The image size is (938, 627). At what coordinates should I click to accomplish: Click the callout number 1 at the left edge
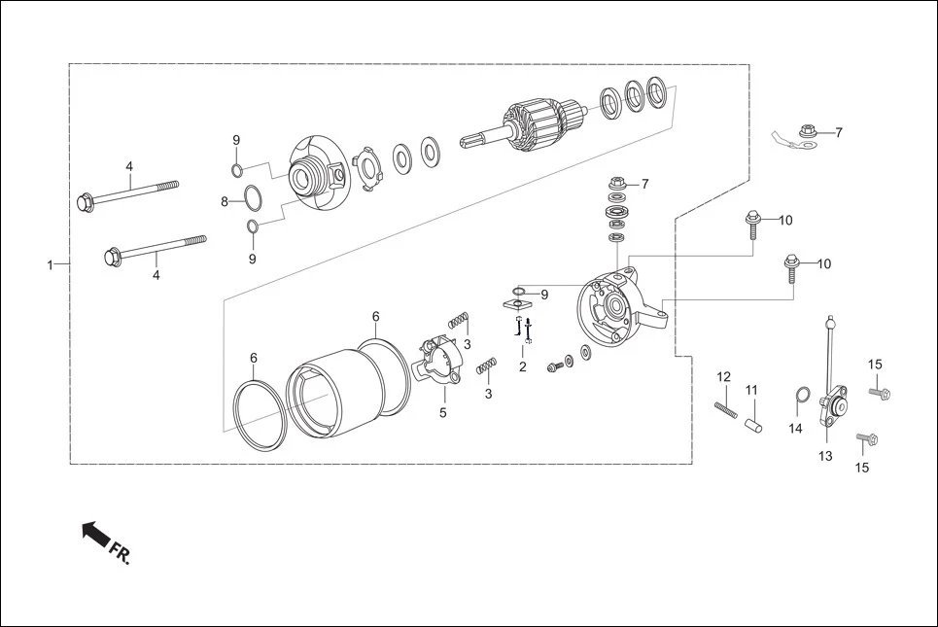tap(51, 264)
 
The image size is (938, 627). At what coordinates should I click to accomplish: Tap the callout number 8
tap(225, 202)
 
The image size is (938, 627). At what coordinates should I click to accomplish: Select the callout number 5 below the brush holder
tap(442, 412)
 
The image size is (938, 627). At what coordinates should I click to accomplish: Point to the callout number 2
tap(522, 366)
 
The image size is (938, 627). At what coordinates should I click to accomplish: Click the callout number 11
tap(751, 390)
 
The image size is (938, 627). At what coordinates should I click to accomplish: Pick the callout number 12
tap(723, 376)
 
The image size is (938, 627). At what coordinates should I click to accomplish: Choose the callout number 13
tap(825, 455)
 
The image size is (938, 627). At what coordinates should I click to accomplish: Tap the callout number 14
tap(795, 428)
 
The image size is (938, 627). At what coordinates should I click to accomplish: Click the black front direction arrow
tap(94, 533)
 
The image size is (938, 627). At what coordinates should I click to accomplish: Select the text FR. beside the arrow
tap(119, 555)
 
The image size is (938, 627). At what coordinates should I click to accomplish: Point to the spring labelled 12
tap(724, 410)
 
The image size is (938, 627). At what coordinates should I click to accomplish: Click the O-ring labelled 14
tap(803, 395)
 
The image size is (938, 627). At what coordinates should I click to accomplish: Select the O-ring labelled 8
tap(251, 199)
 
